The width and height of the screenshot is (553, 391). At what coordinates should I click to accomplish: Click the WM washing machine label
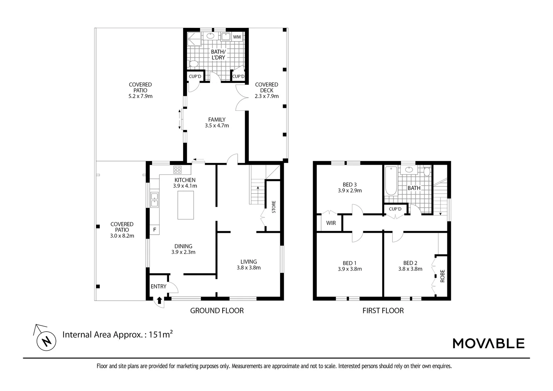coord(237,37)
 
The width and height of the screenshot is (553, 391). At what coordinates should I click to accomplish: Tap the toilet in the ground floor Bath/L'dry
coord(194,64)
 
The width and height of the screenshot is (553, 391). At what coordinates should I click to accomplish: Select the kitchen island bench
coord(185,205)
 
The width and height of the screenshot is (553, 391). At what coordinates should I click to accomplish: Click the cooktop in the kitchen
coord(177,169)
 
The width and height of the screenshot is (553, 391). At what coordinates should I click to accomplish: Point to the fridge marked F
coord(155,230)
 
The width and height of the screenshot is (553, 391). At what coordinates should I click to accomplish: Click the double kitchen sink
coord(154,200)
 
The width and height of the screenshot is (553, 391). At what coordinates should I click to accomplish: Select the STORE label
coord(274,207)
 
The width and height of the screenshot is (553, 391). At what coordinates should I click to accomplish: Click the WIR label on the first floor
coord(331,223)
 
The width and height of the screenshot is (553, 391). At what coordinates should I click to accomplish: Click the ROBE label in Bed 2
coord(442,276)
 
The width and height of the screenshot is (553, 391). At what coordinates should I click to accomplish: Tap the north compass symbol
coord(46,341)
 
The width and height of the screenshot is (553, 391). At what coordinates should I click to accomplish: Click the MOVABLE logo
coord(489,343)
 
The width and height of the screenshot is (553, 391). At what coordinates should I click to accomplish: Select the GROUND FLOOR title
coord(217,310)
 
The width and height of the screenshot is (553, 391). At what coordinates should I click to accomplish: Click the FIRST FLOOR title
coord(383,310)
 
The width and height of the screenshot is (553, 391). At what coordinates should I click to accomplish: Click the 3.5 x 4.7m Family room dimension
coord(217,126)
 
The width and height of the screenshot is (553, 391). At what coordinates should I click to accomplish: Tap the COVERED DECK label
coord(266,87)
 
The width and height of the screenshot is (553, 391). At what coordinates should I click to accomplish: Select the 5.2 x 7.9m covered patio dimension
coord(140,96)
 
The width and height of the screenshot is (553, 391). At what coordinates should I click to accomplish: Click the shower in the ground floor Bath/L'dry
coord(194,39)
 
